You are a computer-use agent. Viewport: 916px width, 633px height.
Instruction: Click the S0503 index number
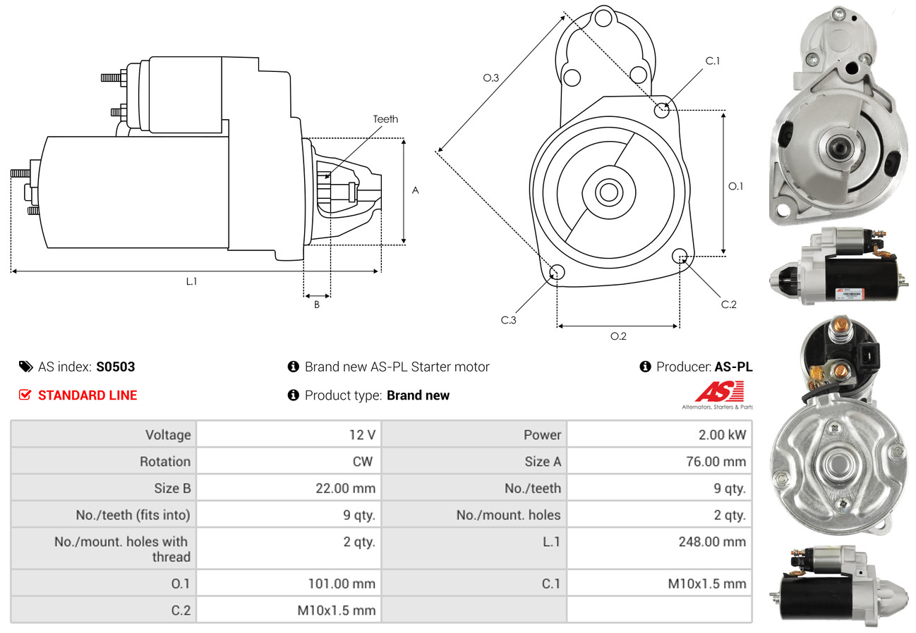(115, 367)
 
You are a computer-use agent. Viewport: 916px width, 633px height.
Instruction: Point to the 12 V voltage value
(362, 434)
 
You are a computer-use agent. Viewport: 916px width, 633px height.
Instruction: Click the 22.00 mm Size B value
(345, 488)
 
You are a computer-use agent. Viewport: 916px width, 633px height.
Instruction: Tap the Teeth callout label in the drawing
(385, 119)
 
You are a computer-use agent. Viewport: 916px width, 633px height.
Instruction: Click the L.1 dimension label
(191, 281)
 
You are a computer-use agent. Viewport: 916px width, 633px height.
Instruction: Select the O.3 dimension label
(491, 78)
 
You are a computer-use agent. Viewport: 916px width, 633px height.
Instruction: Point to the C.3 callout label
(509, 320)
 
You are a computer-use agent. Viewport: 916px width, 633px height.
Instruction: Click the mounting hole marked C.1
(662, 110)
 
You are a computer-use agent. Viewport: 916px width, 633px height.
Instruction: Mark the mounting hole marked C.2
(680, 255)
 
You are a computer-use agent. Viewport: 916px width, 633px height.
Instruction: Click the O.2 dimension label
(618, 336)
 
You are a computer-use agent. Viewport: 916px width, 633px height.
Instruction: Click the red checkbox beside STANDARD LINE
(25, 395)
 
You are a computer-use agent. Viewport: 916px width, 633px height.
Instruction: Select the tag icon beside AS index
(25, 367)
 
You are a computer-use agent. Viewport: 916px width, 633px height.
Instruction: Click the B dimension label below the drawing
(317, 305)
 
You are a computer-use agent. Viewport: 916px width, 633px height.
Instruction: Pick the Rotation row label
(164, 462)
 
